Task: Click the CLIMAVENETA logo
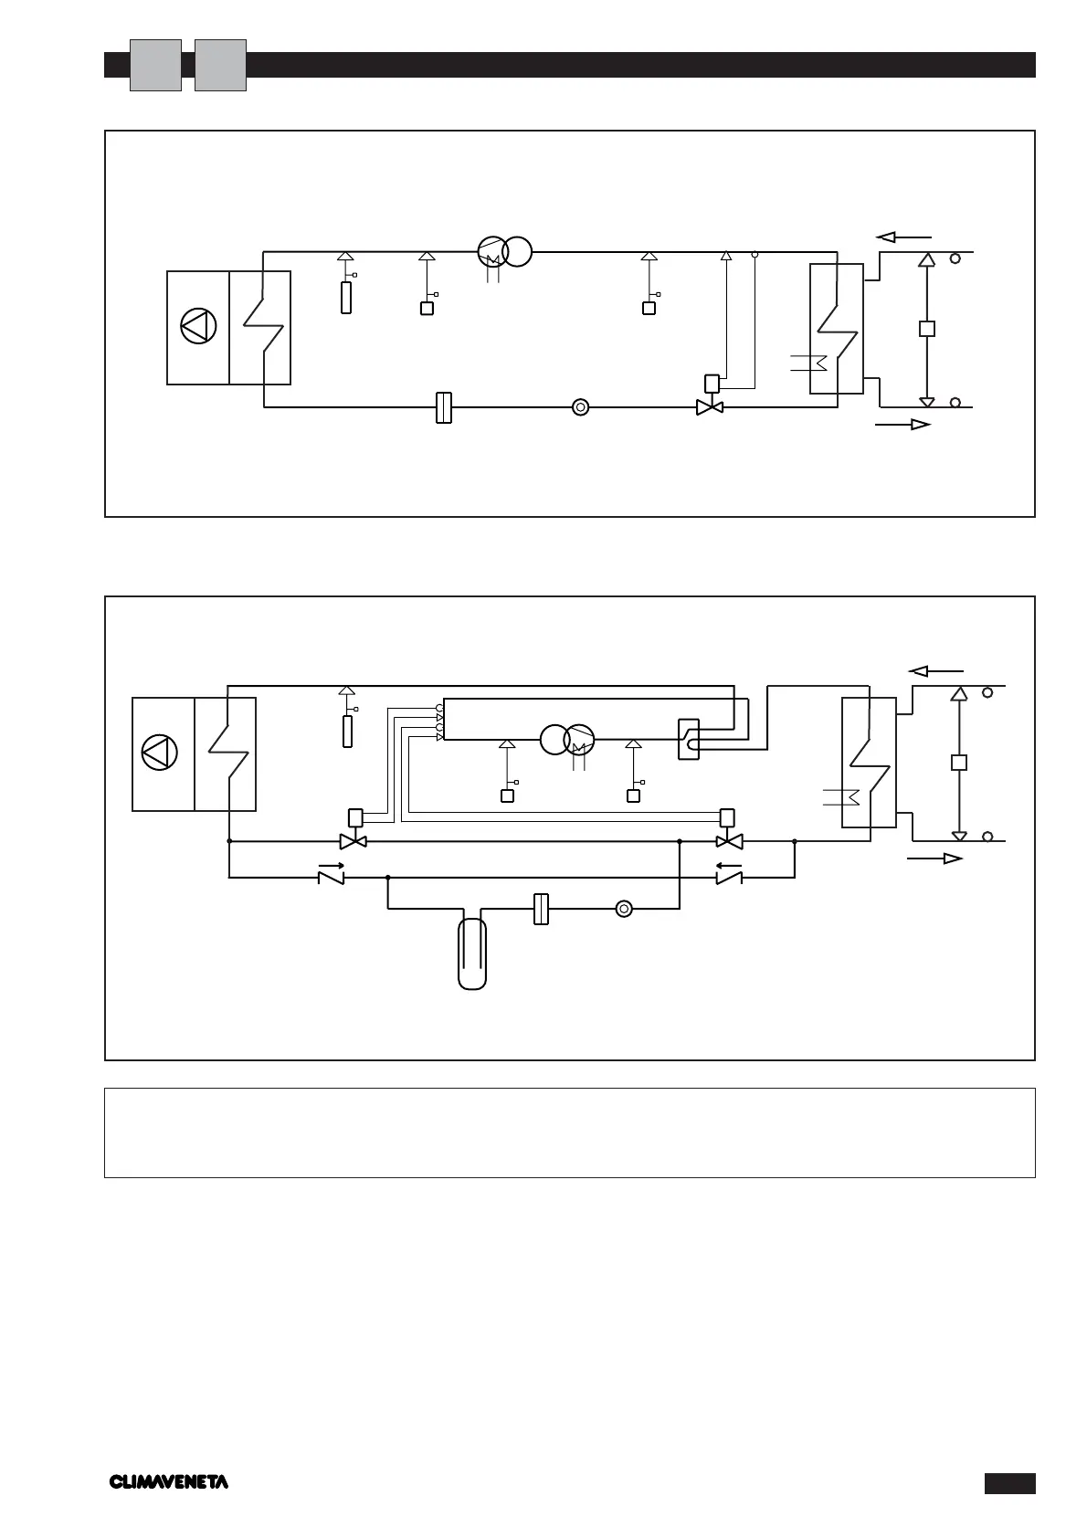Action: (x=169, y=1481)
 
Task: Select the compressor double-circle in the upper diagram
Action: (x=504, y=251)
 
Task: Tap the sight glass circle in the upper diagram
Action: (x=580, y=407)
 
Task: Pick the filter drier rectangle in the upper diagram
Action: (x=444, y=407)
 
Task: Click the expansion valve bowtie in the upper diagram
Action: (x=710, y=407)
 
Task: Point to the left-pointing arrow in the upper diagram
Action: (x=904, y=237)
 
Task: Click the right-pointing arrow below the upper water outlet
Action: (x=903, y=425)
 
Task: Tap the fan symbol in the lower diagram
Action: (x=160, y=753)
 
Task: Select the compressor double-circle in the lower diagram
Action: (x=567, y=739)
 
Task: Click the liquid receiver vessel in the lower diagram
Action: (x=471, y=953)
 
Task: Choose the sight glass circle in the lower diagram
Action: (x=624, y=909)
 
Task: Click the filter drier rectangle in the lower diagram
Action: (x=541, y=909)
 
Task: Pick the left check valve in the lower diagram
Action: (x=330, y=878)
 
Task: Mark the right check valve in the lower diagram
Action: (x=728, y=878)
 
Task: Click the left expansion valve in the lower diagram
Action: (x=354, y=841)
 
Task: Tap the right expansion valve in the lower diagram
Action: (x=729, y=841)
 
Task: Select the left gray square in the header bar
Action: (x=155, y=65)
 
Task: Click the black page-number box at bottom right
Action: (x=1009, y=1483)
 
